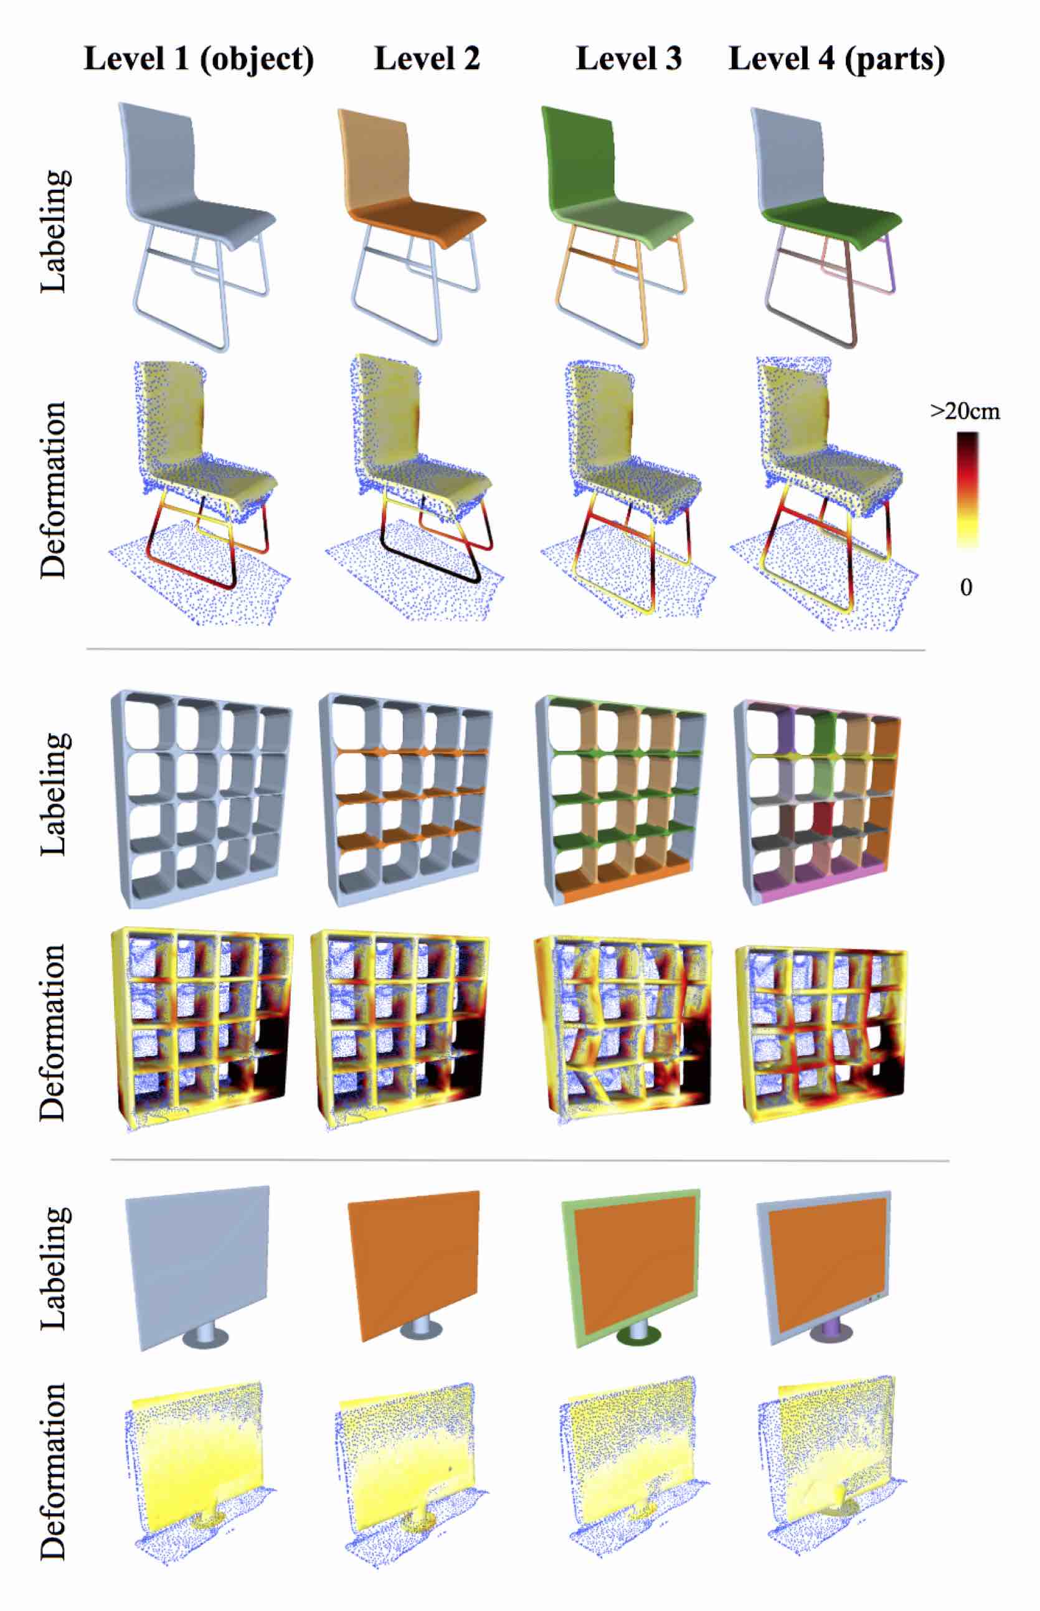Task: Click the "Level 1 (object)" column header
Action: pos(199,59)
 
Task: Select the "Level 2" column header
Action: pos(427,59)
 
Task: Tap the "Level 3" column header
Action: pos(629,59)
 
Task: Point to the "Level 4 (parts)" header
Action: pos(837,59)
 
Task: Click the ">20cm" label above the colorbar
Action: pos(965,411)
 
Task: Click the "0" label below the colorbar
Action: pos(966,587)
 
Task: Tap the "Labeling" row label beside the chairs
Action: pos(54,231)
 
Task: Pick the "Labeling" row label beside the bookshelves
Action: pos(54,794)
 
